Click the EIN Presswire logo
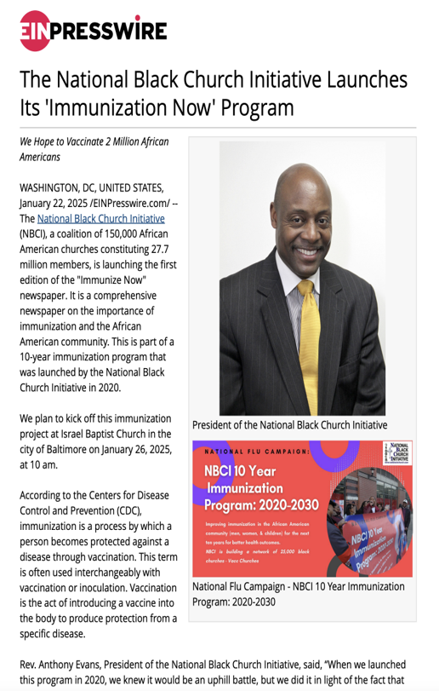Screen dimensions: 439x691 click(93, 31)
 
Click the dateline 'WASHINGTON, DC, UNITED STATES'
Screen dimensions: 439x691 click(94, 187)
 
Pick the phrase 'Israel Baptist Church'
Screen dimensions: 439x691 click(106, 435)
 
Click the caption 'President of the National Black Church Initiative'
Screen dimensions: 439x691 click(289, 424)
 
